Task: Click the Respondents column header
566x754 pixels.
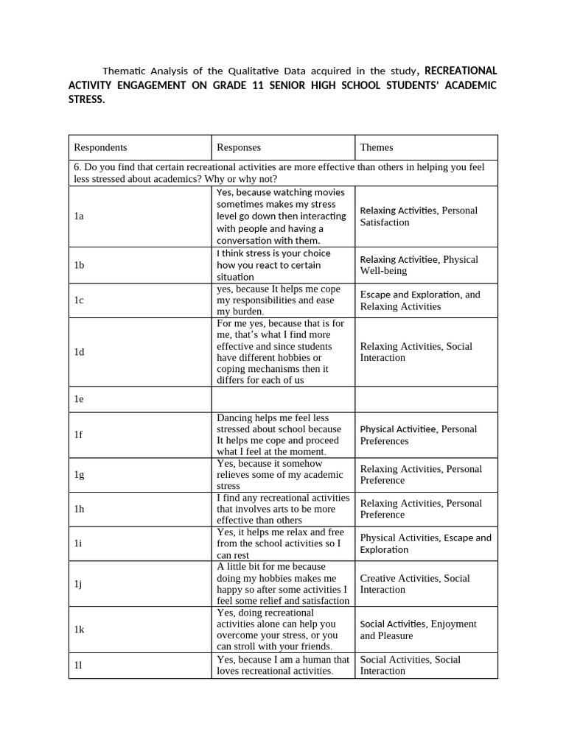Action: click(100, 147)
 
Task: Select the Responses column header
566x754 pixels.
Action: click(239, 147)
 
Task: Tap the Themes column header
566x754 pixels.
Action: click(377, 147)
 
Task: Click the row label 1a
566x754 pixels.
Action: click(79, 216)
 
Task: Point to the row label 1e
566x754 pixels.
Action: click(79, 399)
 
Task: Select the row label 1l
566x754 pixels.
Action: click(78, 665)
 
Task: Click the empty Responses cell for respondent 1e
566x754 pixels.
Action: click(283, 399)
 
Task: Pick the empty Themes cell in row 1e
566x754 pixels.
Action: click(426, 399)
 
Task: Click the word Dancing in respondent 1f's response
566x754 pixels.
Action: click(235, 417)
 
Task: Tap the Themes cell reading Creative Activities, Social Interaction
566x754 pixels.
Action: click(415, 584)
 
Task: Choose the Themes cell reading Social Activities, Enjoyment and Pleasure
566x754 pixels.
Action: click(418, 630)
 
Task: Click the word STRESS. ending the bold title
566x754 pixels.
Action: click(87, 99)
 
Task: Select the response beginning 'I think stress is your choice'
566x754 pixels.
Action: click(273, 265)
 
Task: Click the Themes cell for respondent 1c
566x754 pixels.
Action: click(419, 300)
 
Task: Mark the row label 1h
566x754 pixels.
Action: click(79, 509)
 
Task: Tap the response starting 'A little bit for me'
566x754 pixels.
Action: click(282, 584)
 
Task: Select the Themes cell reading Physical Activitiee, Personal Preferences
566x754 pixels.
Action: click(418, 434)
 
